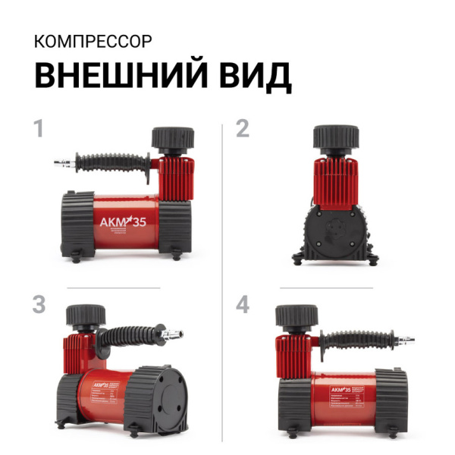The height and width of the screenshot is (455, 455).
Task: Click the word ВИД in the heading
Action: (254, 76)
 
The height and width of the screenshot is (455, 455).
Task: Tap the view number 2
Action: (243, 128)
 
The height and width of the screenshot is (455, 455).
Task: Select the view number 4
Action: (243, 304)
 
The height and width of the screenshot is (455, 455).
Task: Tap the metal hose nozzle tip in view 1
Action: (61, 162)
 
